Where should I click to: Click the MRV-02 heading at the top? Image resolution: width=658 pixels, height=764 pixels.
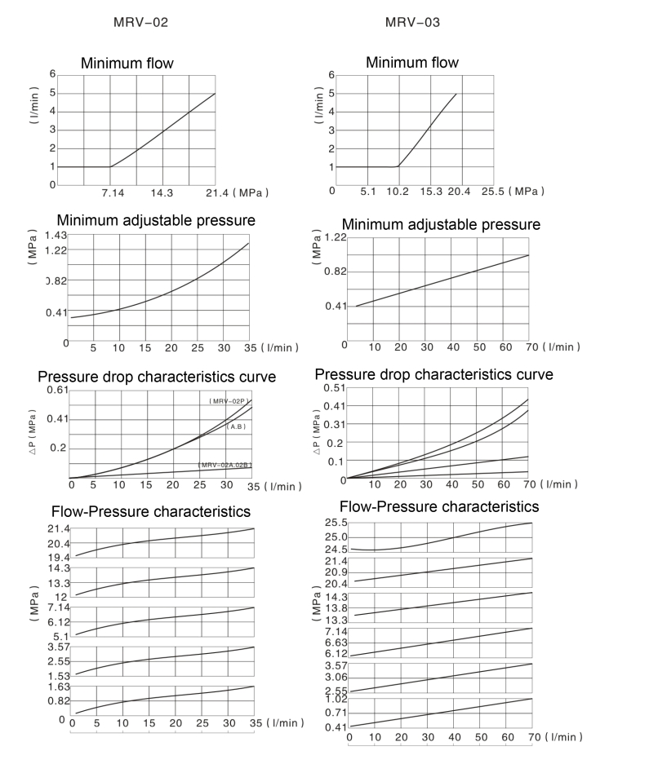(x=140, y=23)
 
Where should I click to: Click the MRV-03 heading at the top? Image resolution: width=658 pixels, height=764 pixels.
(x=412, y=23)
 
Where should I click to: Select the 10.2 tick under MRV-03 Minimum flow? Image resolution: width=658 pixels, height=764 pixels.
(x=399, y=191)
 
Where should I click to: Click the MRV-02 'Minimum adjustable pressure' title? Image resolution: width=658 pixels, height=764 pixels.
(x=156, y=220)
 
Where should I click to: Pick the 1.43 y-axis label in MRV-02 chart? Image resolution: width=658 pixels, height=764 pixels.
(x=56, y=235)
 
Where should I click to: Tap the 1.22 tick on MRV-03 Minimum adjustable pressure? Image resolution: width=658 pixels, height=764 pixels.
(x=336, y=237)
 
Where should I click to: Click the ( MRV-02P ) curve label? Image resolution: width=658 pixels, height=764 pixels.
(x=227, y=401)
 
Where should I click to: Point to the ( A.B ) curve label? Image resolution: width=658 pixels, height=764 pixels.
(x=236, y=426)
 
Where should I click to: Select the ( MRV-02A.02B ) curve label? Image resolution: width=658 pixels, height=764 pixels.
(x=225, y=465)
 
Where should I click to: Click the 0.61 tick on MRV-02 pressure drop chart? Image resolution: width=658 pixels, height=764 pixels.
(x=56, y=391)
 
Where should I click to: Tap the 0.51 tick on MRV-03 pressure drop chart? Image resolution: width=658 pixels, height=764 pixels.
(x=336, y=388)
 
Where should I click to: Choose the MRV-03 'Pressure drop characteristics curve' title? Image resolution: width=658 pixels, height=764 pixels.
(x=433, y=374)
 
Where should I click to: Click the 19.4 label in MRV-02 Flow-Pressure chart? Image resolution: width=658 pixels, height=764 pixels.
(x=58, y=558)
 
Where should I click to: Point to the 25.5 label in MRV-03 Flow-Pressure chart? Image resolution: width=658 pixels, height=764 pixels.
(x=336, y=523)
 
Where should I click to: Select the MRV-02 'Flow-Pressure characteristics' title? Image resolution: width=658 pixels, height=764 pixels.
(x=150, y=512)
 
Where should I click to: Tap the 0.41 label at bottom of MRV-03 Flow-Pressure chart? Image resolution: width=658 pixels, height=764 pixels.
(x=336, y=727)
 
